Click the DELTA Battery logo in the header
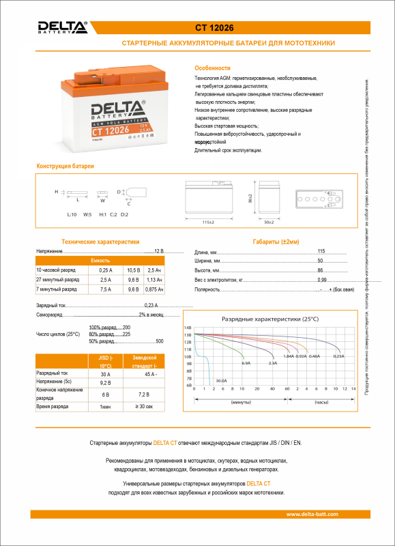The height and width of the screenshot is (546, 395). click(62, 27)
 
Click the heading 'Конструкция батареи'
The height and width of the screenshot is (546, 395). click(65, 167)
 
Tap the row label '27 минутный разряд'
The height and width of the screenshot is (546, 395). click(57, 280)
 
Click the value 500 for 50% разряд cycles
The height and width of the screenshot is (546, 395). click(160, 341)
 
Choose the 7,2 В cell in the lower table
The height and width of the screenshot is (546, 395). click(145, 394)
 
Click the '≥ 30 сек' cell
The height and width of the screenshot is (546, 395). click(145, 406)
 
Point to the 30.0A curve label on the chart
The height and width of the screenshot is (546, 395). click(221, 380)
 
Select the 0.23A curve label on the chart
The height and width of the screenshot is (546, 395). click(338, 356)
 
